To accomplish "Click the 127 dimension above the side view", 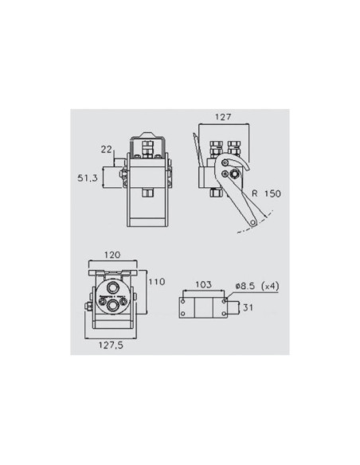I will point(222,117).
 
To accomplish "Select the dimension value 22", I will point(106,149).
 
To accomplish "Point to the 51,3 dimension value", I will point(88,179).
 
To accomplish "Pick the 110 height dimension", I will point(156,281).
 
